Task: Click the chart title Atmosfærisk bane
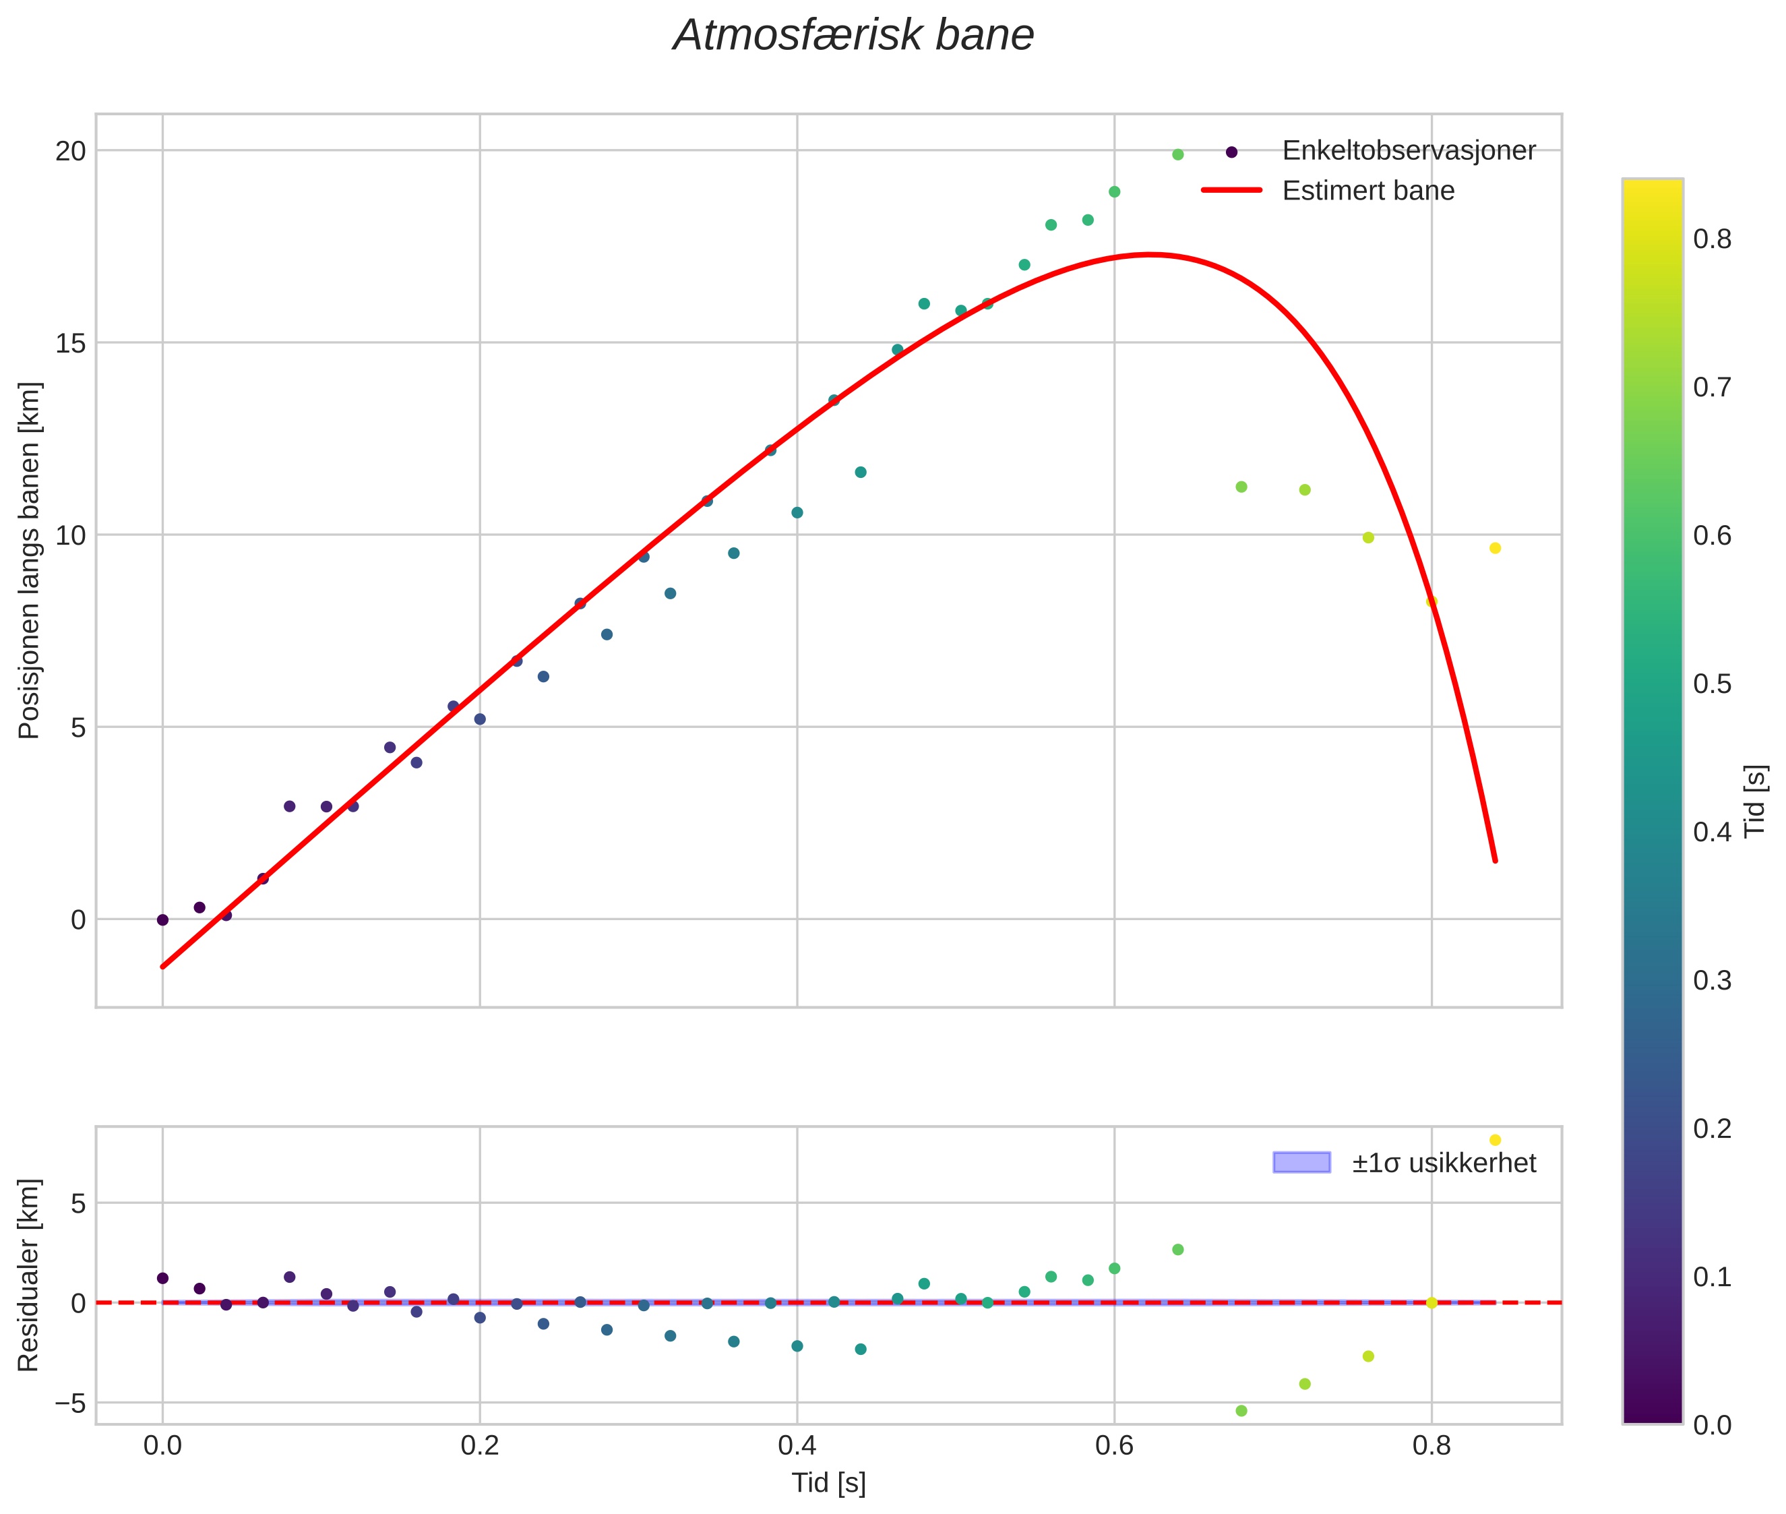coord(853,36)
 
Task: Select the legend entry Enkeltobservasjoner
coord(1407,151)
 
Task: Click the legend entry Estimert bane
coord(1368,191)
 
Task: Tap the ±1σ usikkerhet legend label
coord(1444,1163)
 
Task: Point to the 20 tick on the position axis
coord(71,151)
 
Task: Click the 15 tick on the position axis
coord(71,343)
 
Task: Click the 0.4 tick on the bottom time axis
coord(797,1445)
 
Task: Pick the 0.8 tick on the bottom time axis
coord(1431,1445)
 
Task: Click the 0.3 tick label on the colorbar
coord(1711,980)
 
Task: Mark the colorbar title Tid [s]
coord(1756,800)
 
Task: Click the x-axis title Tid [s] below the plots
coord(828,1483)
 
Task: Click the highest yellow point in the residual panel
coord(1495,1140)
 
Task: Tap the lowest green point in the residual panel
coord(1241,1411)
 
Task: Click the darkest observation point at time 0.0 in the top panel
coord(162,920)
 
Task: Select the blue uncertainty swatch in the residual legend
coord(1301,1163)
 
